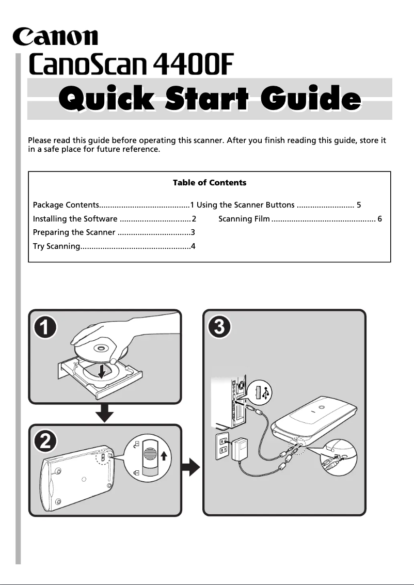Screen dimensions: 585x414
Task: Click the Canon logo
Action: (x=55, y=37)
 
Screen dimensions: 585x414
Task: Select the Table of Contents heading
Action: (x=209, y=183)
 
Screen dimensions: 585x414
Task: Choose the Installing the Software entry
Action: (x=75, y=219)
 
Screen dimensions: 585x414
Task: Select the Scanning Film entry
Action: (x=244, y=219)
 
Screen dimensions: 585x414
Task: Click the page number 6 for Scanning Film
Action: (x=380, y=219)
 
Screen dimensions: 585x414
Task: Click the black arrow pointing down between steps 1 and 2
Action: (x=105, y=413)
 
